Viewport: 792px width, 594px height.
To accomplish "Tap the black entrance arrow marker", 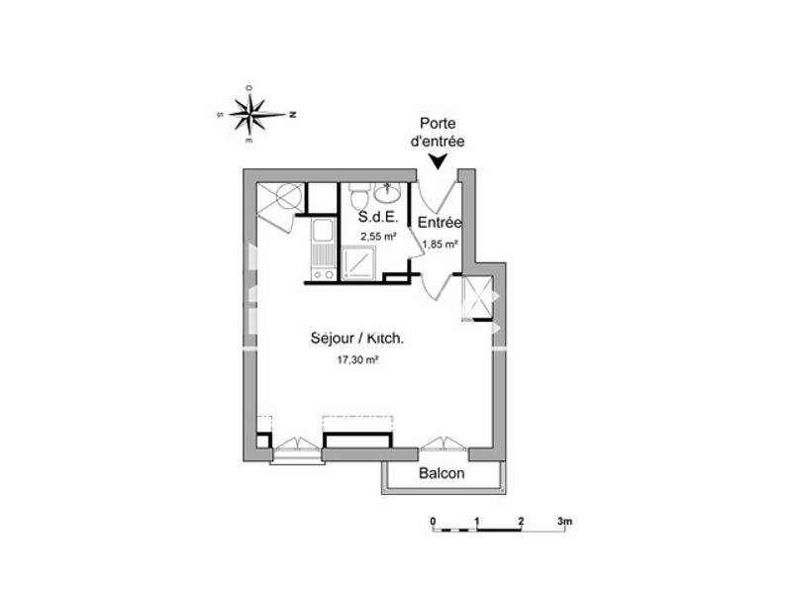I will coord(437,161).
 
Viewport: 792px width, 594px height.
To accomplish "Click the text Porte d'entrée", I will coord(437,134).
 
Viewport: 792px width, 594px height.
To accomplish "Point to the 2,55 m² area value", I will coord(378,237).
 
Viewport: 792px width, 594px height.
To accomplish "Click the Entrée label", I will coord(440,223).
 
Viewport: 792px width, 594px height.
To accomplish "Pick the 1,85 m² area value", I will coord(440,244).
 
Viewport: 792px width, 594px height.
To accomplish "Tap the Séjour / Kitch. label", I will coord(357,339).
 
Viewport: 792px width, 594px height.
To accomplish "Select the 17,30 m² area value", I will coord(358,360).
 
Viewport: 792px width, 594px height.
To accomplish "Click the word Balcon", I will coord(442,473).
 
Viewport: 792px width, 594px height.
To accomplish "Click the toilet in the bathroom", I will coord(358,191).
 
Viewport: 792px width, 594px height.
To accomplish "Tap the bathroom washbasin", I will coord(390,190).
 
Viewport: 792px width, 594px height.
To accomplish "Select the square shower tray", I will coord(357,264).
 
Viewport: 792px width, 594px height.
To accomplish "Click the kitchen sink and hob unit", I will coord(323,248).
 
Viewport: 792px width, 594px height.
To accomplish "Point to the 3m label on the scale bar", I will coord(564,521).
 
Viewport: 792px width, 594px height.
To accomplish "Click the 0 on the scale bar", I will coord(433,521).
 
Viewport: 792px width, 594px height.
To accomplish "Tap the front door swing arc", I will coord(437,191).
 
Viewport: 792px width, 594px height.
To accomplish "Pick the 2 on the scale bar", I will coord(520,521).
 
